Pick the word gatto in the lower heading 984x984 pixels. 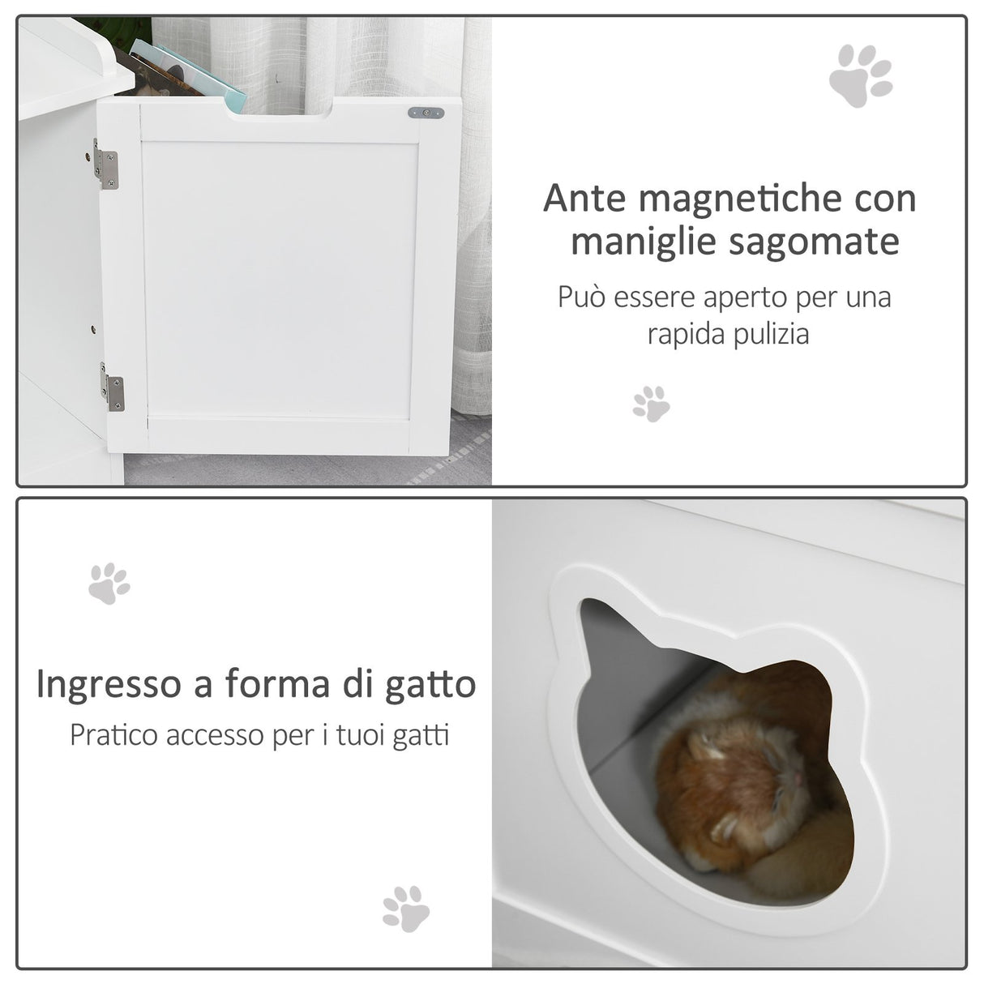pos(430,685)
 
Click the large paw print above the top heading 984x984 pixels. pos(860,76)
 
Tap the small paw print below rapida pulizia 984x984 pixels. pos(652,403)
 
